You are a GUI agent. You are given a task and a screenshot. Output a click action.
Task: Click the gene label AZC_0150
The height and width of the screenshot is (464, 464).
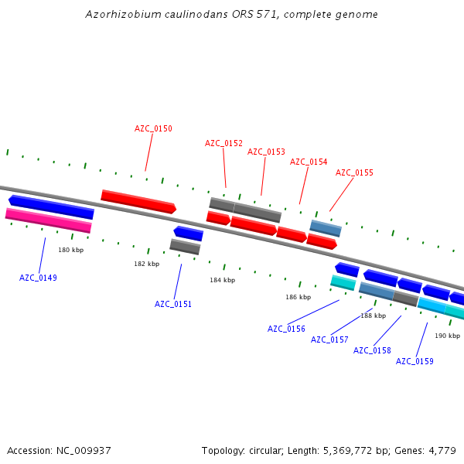pyautogui.click(x=153, y=128)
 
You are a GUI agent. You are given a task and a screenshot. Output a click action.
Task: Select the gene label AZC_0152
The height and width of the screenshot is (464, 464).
pyautogui.click(x=223, y=143)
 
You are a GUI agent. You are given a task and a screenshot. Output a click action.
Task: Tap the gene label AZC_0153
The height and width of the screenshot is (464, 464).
pyautogui.click(x=266, y=152)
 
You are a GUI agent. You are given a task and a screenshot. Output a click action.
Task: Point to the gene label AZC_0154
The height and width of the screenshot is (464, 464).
pyautogui.click(x=309, y=162)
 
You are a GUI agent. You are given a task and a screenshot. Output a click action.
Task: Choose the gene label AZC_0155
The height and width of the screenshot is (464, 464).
pyautogui.click(x=354, y=172)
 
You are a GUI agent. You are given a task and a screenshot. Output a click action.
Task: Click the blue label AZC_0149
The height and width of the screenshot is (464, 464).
pyautogui.click(x=38, y=278)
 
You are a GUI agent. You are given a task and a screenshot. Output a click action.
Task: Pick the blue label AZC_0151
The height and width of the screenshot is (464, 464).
pyautogui.click(x=173, y=304)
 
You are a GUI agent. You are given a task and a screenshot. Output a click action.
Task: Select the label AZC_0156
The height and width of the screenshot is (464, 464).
pyautogui.click(x=286, y=329)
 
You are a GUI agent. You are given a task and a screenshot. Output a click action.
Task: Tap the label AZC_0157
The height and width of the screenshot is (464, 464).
pyautogui.click(x=329, y=339)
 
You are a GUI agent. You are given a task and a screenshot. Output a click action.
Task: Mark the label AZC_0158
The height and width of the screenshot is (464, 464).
pyautogui.click(x=372, y=350)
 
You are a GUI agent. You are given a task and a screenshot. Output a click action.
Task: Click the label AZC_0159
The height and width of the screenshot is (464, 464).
pyautogui.click(x=415, y=361)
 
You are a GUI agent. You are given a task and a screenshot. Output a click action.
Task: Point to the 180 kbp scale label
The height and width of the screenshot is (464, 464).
pyautogui.click(x=70, y=250)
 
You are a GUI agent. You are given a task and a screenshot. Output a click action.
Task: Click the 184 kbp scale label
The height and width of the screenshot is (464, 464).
pyautogui.click(x=222, y=280)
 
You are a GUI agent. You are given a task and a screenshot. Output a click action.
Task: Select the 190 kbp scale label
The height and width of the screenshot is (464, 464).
pyautogui.click(x=447, y=336)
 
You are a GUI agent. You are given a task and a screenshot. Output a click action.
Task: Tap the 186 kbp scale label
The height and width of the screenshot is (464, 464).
pyautogui.click(x=298, y=297)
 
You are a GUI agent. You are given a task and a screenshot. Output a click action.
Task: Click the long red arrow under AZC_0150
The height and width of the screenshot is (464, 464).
pyautogui.click(x=138, y=201)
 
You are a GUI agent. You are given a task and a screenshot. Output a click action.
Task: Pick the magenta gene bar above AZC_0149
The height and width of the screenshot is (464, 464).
pyautogui.click(x=48, y=220)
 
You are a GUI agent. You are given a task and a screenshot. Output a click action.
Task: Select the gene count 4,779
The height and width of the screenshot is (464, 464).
pyautogui.click(x=442, y=450)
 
